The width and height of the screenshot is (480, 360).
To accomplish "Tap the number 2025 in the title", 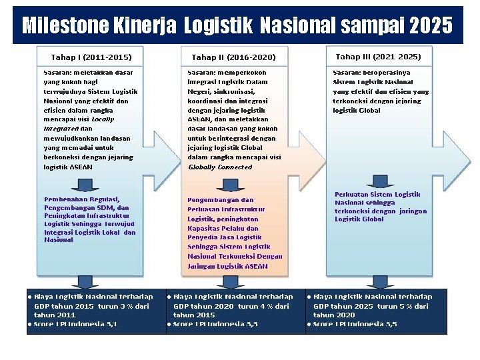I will [431, 26].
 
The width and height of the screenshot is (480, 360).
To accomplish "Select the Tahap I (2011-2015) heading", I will [91, 57].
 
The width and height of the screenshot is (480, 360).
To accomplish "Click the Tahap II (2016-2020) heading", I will [233, 57].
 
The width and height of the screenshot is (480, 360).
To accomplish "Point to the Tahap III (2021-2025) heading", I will [378, 57].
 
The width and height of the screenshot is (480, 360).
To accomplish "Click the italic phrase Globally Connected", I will [220, 167].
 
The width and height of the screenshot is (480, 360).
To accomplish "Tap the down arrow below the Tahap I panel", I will [85, 281].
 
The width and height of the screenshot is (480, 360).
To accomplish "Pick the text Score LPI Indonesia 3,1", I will [75, 324].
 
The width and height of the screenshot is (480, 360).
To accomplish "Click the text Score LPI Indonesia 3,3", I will [215, 324].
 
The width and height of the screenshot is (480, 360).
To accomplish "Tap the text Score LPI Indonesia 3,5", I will [355, 324].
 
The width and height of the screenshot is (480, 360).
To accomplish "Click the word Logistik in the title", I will [217, 26].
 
